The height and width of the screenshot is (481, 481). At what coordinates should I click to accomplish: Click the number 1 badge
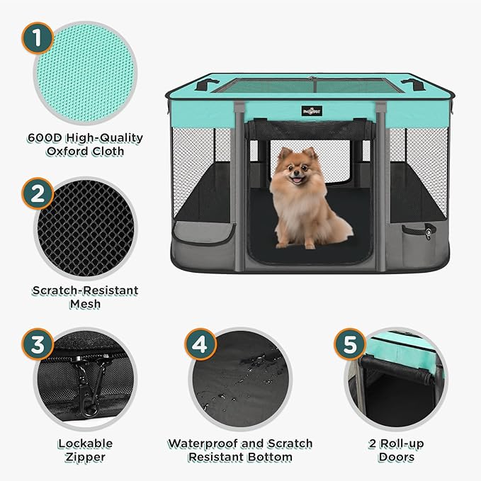[37, 38]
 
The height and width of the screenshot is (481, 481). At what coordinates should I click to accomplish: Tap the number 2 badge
[37, 193]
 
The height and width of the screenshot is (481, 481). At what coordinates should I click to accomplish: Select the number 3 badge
[37, 345]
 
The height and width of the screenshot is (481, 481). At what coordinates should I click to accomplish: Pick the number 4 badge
[200, 345]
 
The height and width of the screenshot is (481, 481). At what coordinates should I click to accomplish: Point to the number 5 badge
[349, 345]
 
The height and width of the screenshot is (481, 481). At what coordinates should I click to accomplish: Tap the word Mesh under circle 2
[85, 304]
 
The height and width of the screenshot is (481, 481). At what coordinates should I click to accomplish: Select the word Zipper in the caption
[85, 458]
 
